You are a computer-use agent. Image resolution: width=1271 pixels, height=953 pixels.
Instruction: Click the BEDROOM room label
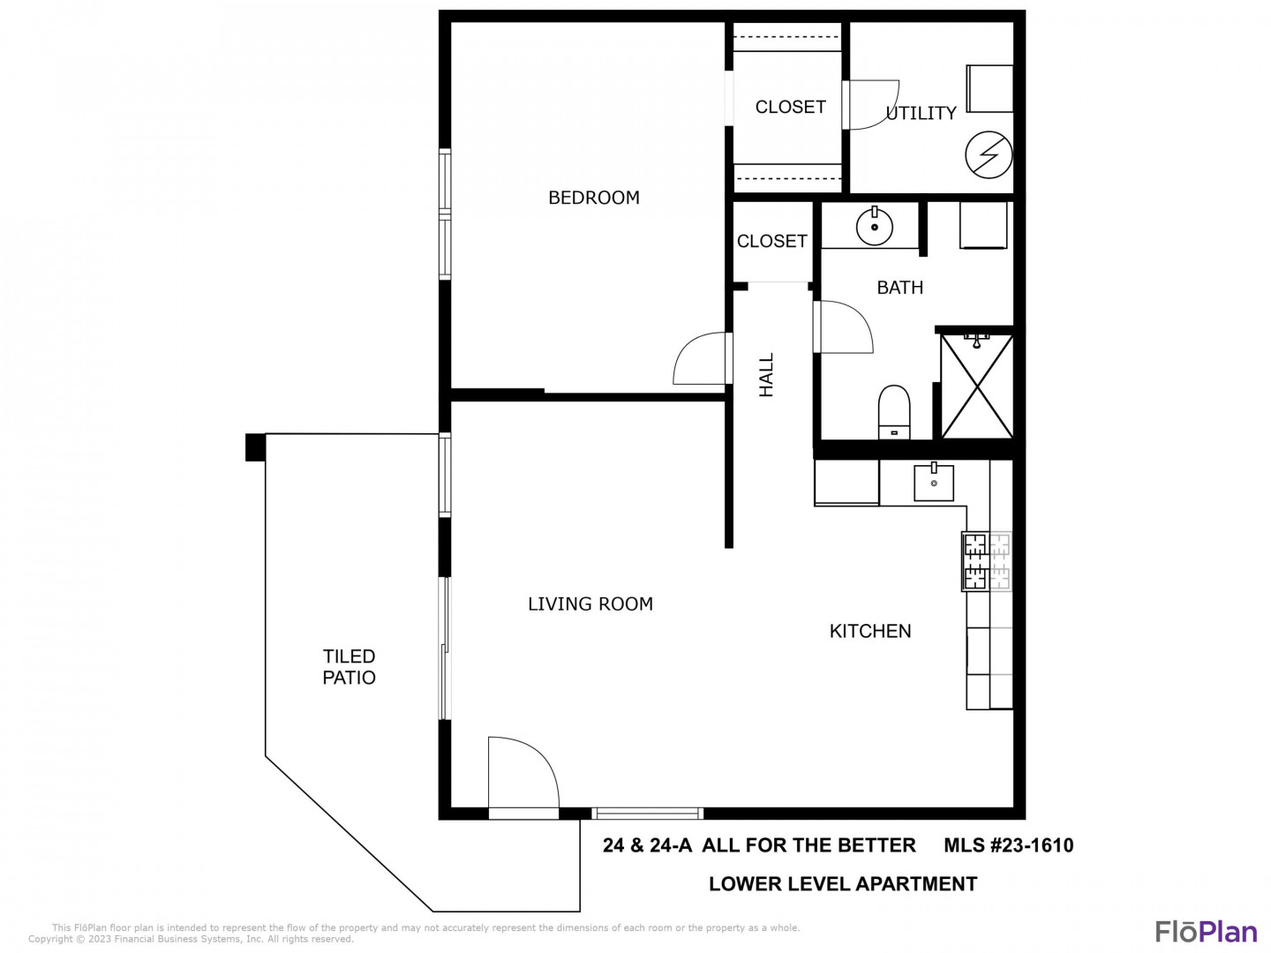tap(593, 198)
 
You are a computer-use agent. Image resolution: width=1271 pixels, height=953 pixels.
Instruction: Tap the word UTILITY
tap(921, 114)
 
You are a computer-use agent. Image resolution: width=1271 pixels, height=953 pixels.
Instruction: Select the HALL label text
tap(766, 375)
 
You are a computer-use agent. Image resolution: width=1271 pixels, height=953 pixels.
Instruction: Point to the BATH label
tap(899, 288)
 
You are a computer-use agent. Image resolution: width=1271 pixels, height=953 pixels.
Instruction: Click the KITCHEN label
tap(870, 631)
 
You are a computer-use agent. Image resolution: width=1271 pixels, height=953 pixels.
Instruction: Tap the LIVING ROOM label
tap(590, 604)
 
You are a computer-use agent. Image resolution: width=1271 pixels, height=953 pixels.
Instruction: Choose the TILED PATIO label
tap(350, 666)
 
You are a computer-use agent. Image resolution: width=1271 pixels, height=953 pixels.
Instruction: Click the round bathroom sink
tap(874, 227)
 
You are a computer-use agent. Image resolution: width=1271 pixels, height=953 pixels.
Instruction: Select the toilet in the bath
tap(894, 413)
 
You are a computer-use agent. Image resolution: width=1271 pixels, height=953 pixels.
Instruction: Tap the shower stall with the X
tap(977, 386)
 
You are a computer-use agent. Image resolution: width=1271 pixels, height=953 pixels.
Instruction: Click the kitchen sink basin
tap(934, 482)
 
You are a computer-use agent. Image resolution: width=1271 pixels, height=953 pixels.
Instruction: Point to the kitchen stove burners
tap(987, 561)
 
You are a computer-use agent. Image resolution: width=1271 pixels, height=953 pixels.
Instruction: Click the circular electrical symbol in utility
tap(989, 155)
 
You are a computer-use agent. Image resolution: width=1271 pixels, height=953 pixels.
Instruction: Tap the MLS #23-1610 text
tap(1009, 845)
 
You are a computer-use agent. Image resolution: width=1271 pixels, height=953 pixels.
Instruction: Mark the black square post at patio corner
tap(255, 447)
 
